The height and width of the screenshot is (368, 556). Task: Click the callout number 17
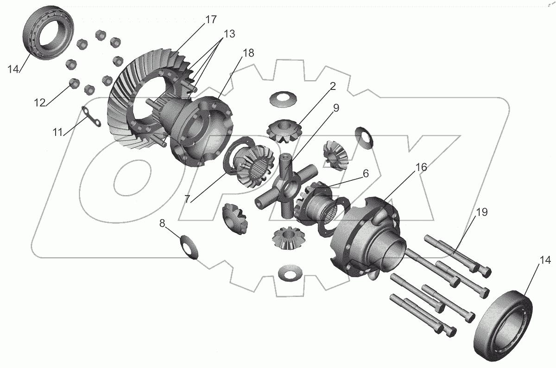[x=211, y=19]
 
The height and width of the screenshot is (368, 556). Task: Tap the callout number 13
[x=229, y=34]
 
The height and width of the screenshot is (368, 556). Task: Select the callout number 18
[x=248, y=53]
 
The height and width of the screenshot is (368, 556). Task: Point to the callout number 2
[x=333, y=86]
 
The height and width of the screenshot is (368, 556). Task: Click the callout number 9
[x=336, y=108]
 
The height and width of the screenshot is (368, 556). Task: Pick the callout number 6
[x=366, y=173]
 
